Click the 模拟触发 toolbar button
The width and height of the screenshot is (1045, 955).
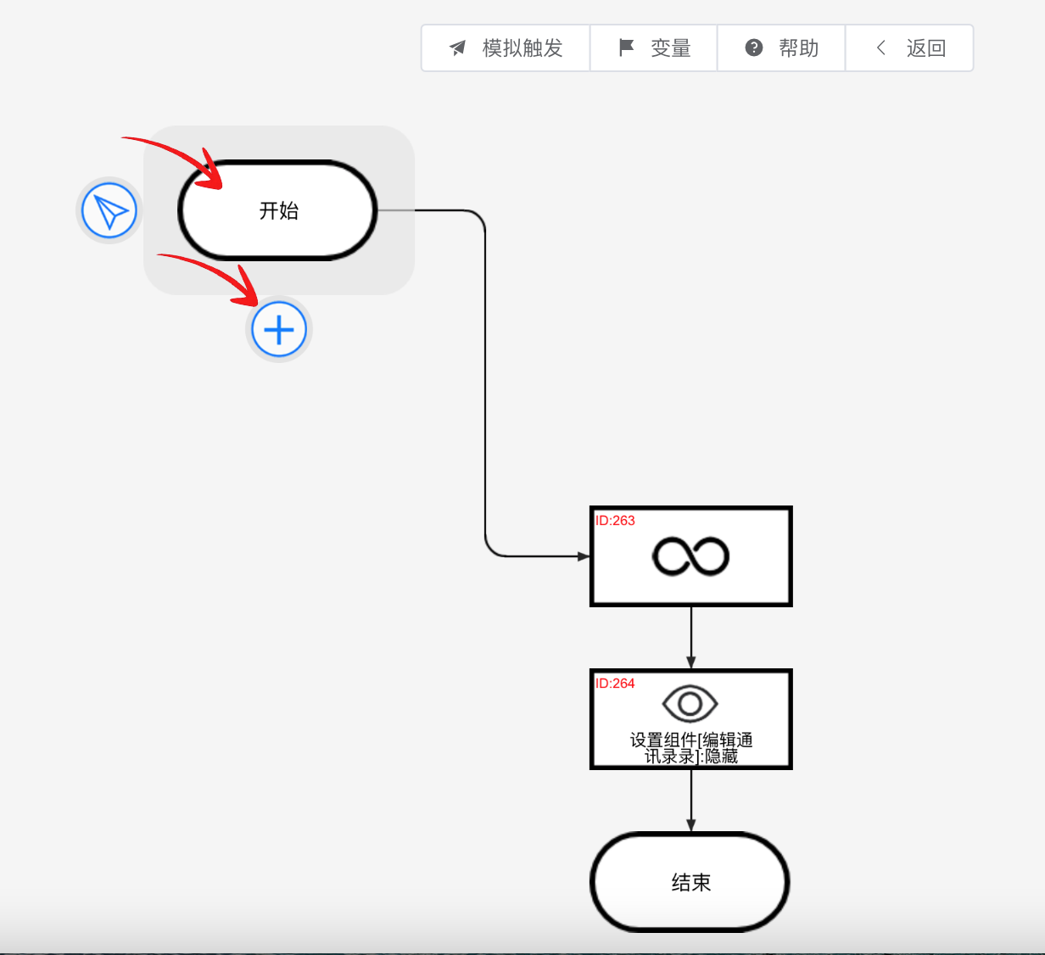pos(506,48)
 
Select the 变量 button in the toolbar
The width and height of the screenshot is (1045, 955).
pos(654,48)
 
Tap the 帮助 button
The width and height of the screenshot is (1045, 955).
pos(781,48)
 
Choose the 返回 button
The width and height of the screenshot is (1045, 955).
pos(909,48)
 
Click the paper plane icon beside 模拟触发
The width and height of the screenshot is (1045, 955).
pos(458,48)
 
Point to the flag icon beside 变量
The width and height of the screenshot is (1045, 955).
pos(626,47)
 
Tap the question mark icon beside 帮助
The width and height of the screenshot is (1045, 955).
pos(754,47)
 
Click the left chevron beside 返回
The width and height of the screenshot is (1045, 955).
pos(881,48)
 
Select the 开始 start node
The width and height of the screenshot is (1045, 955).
pos(277,210)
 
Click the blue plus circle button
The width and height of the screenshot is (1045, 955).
pos(279,329)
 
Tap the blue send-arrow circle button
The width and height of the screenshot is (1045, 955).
pos(109,210)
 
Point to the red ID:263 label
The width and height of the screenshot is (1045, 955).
pos(615,521)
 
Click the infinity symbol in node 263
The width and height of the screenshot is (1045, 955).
pos(690,556)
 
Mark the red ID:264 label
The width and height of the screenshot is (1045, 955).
pos(615,684)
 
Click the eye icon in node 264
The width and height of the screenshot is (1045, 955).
pos(690,704)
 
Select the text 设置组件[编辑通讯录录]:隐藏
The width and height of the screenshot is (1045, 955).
pos(691,748)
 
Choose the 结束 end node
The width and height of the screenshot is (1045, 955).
pos(690,882)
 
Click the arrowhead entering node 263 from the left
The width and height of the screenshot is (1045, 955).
pos(584,556)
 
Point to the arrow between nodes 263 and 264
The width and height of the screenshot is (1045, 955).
pos(691,638)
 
